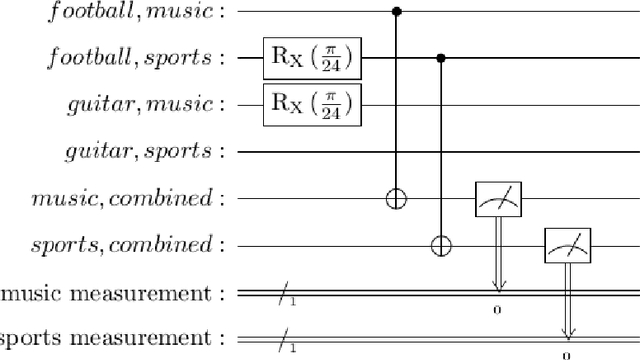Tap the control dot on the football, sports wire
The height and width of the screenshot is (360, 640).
coord(441,58)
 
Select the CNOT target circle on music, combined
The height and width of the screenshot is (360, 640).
coord(396,198)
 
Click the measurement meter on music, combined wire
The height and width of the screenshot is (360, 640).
coord(497,198)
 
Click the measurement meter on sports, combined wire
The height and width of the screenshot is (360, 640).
coord(566,244)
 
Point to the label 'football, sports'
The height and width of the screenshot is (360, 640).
coord(140,58)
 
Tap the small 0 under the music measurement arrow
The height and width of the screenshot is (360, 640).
coord(497,310)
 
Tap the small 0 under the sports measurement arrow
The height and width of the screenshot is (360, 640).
coord(566,354)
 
